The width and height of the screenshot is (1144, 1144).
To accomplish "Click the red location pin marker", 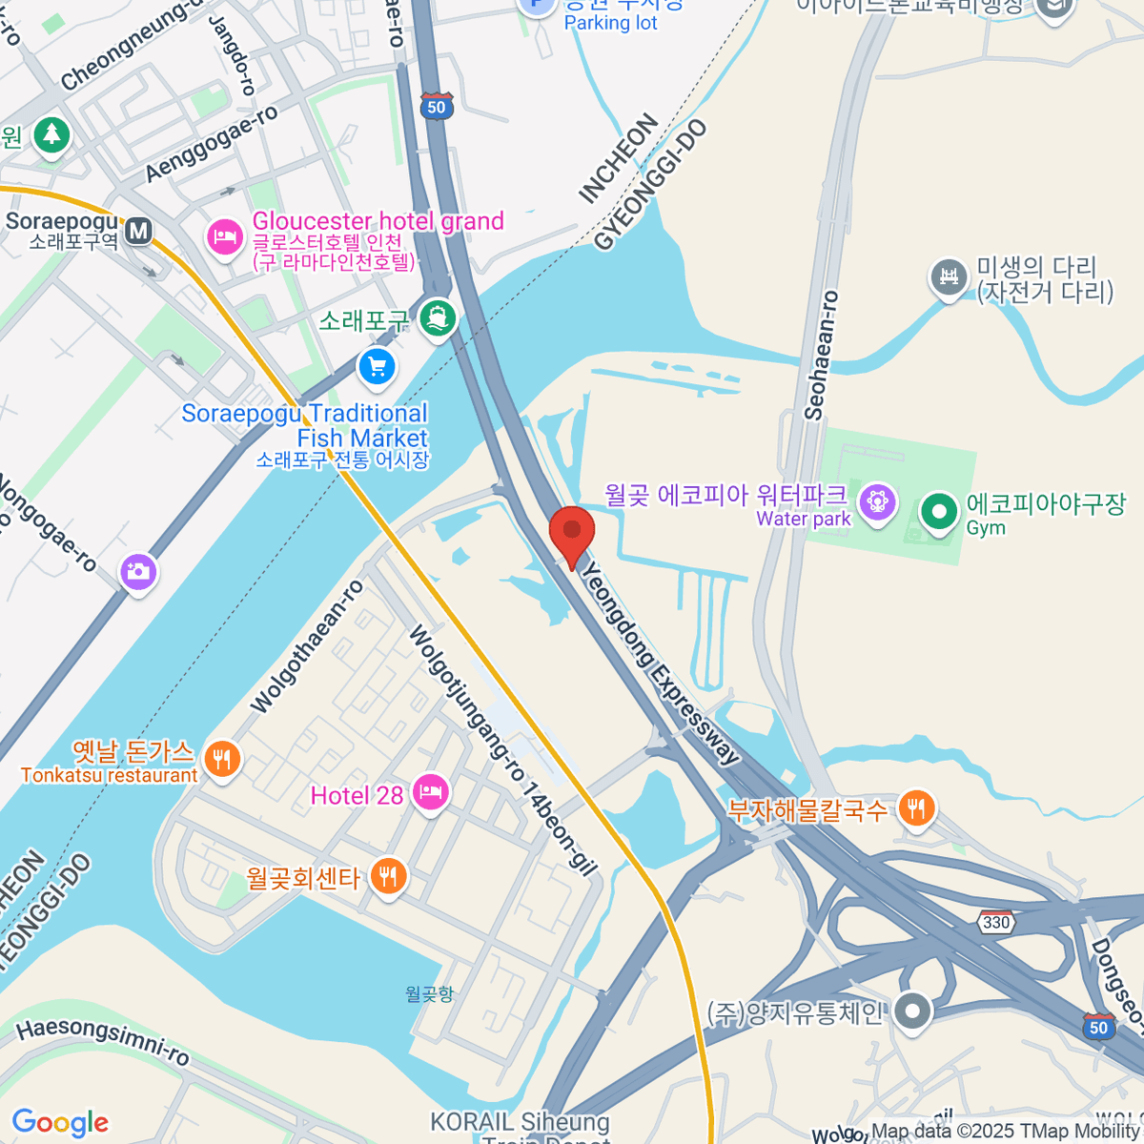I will click(x=572, y=534).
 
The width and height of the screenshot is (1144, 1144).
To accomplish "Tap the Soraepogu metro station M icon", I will click(x=139, y=231).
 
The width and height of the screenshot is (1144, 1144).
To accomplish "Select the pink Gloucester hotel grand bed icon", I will click(x=225, y=235).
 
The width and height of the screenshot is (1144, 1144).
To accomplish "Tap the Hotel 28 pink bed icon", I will click(x=430, y=792).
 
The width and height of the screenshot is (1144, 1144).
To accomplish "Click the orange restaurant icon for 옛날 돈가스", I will click(x=222, y=760).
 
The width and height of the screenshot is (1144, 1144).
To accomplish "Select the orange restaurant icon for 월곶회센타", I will click(x=387, y=875).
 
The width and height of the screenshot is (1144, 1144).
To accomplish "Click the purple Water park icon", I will click(x=876, y=501).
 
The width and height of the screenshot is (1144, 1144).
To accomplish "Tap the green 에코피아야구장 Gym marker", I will click(x=939, y=512).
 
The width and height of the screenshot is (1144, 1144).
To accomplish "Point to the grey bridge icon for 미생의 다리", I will click(x=949, y=277).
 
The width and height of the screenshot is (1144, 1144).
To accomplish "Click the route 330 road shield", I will click(x=996, y=922).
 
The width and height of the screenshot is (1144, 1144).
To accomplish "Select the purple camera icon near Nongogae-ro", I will click(x=138, y=572).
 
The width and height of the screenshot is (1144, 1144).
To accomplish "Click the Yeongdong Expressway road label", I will click(x=660, y=664).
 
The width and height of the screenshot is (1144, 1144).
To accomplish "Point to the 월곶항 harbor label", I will click(x=429, y=994).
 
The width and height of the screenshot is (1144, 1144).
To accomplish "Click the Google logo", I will click(x=60, y=1123).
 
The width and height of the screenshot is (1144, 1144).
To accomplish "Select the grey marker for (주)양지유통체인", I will click(x=913, y=1012).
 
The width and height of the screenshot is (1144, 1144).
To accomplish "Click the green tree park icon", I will click(x=51, y=134).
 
